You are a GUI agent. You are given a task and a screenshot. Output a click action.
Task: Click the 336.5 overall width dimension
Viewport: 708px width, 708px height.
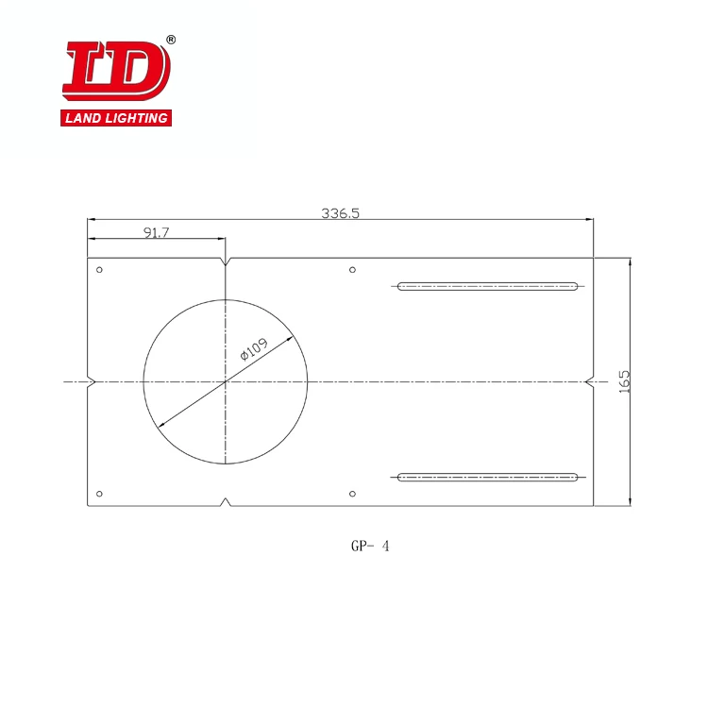pos(341,213)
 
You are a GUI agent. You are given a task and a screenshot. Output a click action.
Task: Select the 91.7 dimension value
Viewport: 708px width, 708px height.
pos(157,232)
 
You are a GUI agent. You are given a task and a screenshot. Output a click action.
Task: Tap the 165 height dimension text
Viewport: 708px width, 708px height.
pos(623,381)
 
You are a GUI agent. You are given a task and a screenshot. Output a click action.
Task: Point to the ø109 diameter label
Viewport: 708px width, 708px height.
pos(254,349)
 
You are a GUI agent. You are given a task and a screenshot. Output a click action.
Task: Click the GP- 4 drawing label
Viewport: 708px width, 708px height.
pos(369,546)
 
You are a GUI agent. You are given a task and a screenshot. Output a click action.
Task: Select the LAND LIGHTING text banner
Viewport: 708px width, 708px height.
pos(116,118)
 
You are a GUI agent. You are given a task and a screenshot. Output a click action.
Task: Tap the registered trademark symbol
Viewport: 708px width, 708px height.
pos(171,40)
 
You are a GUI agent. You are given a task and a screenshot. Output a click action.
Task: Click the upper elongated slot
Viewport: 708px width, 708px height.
pos(487,285)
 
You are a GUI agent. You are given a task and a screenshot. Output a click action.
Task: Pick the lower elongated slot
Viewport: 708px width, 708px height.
pos(487,478)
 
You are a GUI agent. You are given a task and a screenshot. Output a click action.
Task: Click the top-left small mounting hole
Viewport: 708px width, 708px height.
pos(100,270)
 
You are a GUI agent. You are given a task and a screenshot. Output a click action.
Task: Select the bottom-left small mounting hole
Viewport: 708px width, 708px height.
pos(100,493)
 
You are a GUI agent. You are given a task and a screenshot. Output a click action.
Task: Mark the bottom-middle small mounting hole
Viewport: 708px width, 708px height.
pos(352,493)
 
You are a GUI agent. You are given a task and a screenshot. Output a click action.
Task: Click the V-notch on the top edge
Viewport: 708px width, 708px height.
pos(226,261)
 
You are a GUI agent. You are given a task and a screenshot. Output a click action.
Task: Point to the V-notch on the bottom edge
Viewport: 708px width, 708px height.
pos(226,501)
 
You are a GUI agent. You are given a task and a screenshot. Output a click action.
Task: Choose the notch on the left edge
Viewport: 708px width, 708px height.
pos(91,382)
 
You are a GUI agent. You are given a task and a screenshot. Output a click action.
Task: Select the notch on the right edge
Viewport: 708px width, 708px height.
pos(589,382)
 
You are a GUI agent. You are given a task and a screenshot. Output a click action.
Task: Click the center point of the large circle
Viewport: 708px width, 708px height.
pos(226,382)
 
